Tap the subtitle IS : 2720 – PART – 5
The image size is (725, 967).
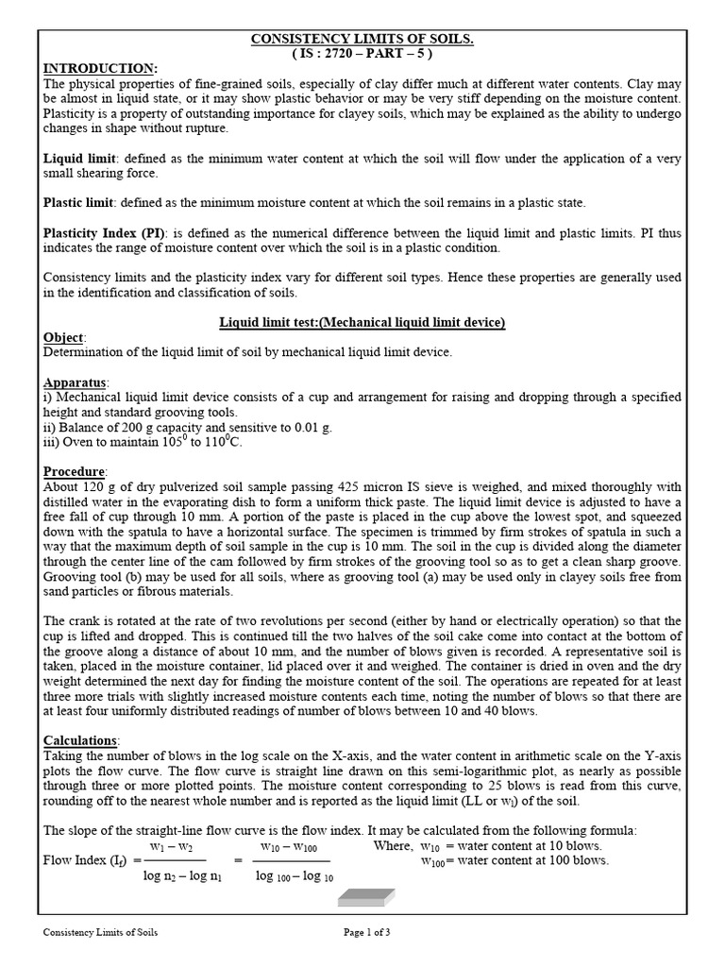tap(362, 54)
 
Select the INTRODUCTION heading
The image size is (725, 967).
tap(101, 69)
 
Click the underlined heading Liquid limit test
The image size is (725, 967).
tap(362, 323)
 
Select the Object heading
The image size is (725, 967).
tap(64, 337)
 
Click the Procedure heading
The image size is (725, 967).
tap(76, 471)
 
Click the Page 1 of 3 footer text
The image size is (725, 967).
tap(366, 932)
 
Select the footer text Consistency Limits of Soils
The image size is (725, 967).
tap(101, 932)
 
